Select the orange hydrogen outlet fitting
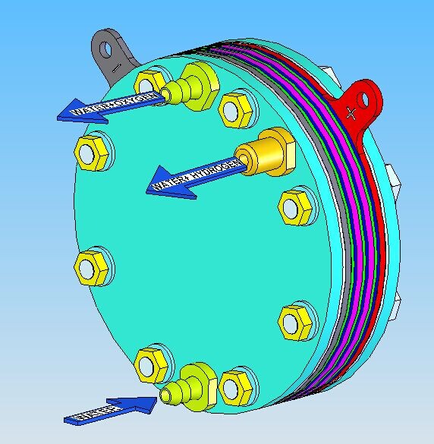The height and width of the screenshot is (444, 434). coord(266,151)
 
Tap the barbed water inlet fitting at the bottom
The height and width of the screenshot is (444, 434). coord(190,384)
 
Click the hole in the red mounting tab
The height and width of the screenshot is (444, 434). coord(370,97)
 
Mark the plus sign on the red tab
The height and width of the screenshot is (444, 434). coord(351,113)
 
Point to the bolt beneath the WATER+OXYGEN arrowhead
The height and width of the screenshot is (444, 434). coord(94,152)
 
